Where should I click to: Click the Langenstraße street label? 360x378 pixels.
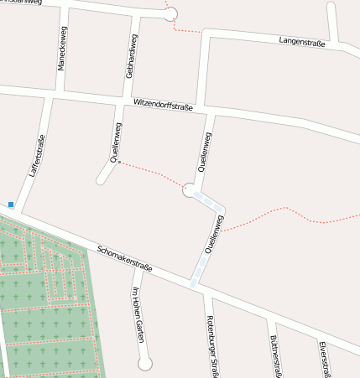[301, 42]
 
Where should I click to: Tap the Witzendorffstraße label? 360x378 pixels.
[164, 106]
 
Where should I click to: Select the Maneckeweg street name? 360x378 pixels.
[63, 52]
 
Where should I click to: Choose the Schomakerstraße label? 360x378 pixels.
[124, 259]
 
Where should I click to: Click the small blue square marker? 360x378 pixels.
[11, 204]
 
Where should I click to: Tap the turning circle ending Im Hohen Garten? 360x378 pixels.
[144, 364]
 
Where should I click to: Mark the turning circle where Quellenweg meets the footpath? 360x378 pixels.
[190, 189]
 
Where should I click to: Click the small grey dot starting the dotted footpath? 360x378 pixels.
[119, 162]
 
